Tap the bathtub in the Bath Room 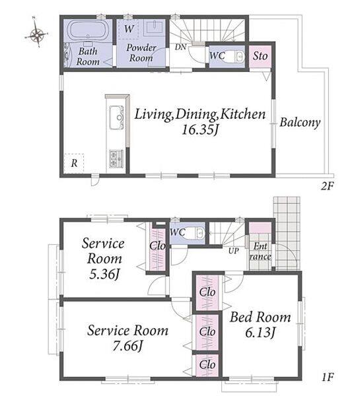click(x=88, y=31)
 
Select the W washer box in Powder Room click(x=129, y=29)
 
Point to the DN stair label click(x=180, y=47)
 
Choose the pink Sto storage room click(x=260, y=57)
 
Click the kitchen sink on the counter click(x=117, y=117)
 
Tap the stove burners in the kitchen click(x=116, y=159)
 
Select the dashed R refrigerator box click(x=73, y=164)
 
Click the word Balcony click(x=300, y=123)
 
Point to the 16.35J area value click(x=200, y=130)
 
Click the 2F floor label click(x=327, y=186)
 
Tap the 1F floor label click(x=328, y=378)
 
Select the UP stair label click(x=233, y=251)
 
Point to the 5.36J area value click(x=104, y=274)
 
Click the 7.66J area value click(x=127, y=345)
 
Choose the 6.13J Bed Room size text click(x=260, y=332)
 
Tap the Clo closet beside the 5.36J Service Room click(x=157, y=247)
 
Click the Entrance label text click(x=260, y=251)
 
